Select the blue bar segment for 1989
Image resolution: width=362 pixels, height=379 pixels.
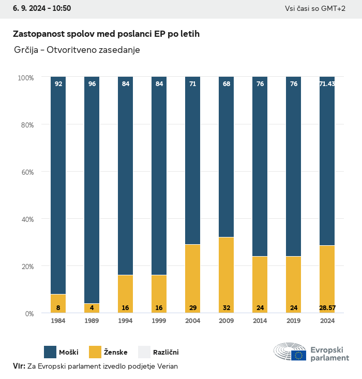click(x=92, y=190)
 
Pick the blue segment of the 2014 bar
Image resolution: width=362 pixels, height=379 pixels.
click(x=260, y=166)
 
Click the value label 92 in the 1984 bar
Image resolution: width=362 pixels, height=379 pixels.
click(x=58, y=83)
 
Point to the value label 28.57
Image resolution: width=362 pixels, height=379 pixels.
click(x=327, y=308)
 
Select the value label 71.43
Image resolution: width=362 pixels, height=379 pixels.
click(x=327, y=83)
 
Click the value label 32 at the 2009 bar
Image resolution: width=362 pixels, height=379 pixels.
click(x=226, y=308)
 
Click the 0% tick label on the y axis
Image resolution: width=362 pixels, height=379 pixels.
click(x=29, y=313)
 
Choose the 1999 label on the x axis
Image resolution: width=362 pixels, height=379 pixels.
click(x=159, y=321)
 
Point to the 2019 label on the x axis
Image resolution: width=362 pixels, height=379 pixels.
click(x=293, y=321)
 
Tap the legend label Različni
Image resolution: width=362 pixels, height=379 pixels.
click(x=165, y=353)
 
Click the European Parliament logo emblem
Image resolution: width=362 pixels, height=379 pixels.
click(x=290, y=352)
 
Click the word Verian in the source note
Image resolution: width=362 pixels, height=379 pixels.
click(x=166, y=366)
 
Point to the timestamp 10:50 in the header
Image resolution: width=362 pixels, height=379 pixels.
click(x=61, y=8)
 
